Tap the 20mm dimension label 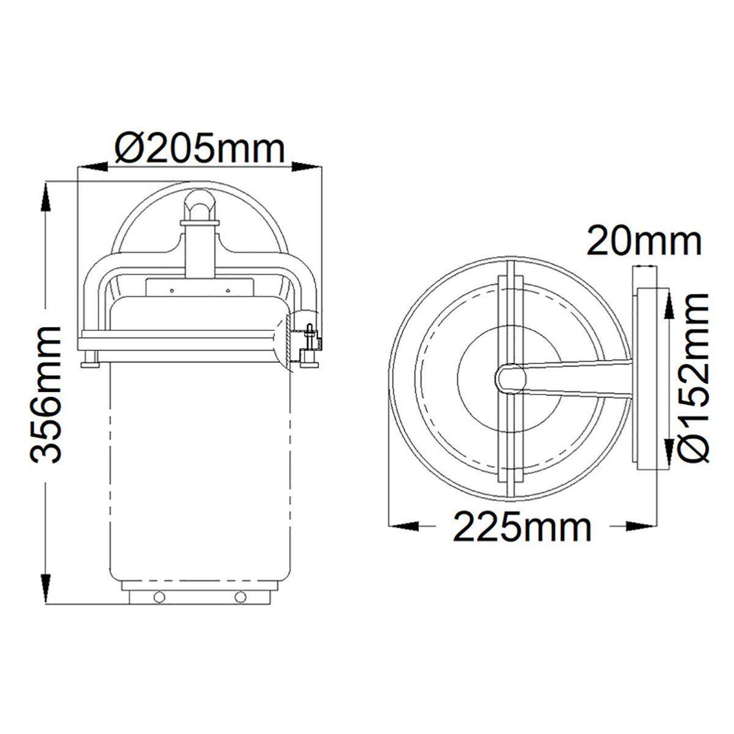[x=643, y=240]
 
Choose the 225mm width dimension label [x=522, y=527]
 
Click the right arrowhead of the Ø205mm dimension [x=306, y=166]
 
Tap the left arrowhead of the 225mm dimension [x=403, y=527]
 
